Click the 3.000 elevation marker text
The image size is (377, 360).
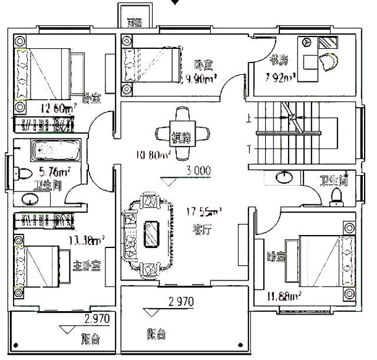coord(198,171)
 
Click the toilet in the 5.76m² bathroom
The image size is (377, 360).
coord(21,174)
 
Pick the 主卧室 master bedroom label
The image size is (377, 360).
coord(87,265)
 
